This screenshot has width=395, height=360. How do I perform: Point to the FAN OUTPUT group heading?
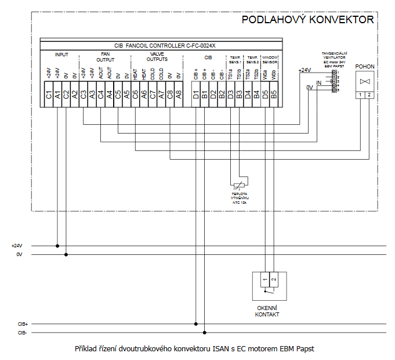point(105,57)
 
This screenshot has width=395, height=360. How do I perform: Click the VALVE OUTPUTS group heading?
point(157,57)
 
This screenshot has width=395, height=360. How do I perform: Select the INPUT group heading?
point(61,55)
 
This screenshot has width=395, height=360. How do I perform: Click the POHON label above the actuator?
point(365,67)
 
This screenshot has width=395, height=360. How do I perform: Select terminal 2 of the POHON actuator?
point(369,94)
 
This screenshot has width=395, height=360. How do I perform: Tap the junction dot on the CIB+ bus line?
point(196,324)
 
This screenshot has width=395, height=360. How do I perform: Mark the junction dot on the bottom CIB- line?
point(205,333)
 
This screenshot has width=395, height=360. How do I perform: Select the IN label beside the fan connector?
point(318,83)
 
